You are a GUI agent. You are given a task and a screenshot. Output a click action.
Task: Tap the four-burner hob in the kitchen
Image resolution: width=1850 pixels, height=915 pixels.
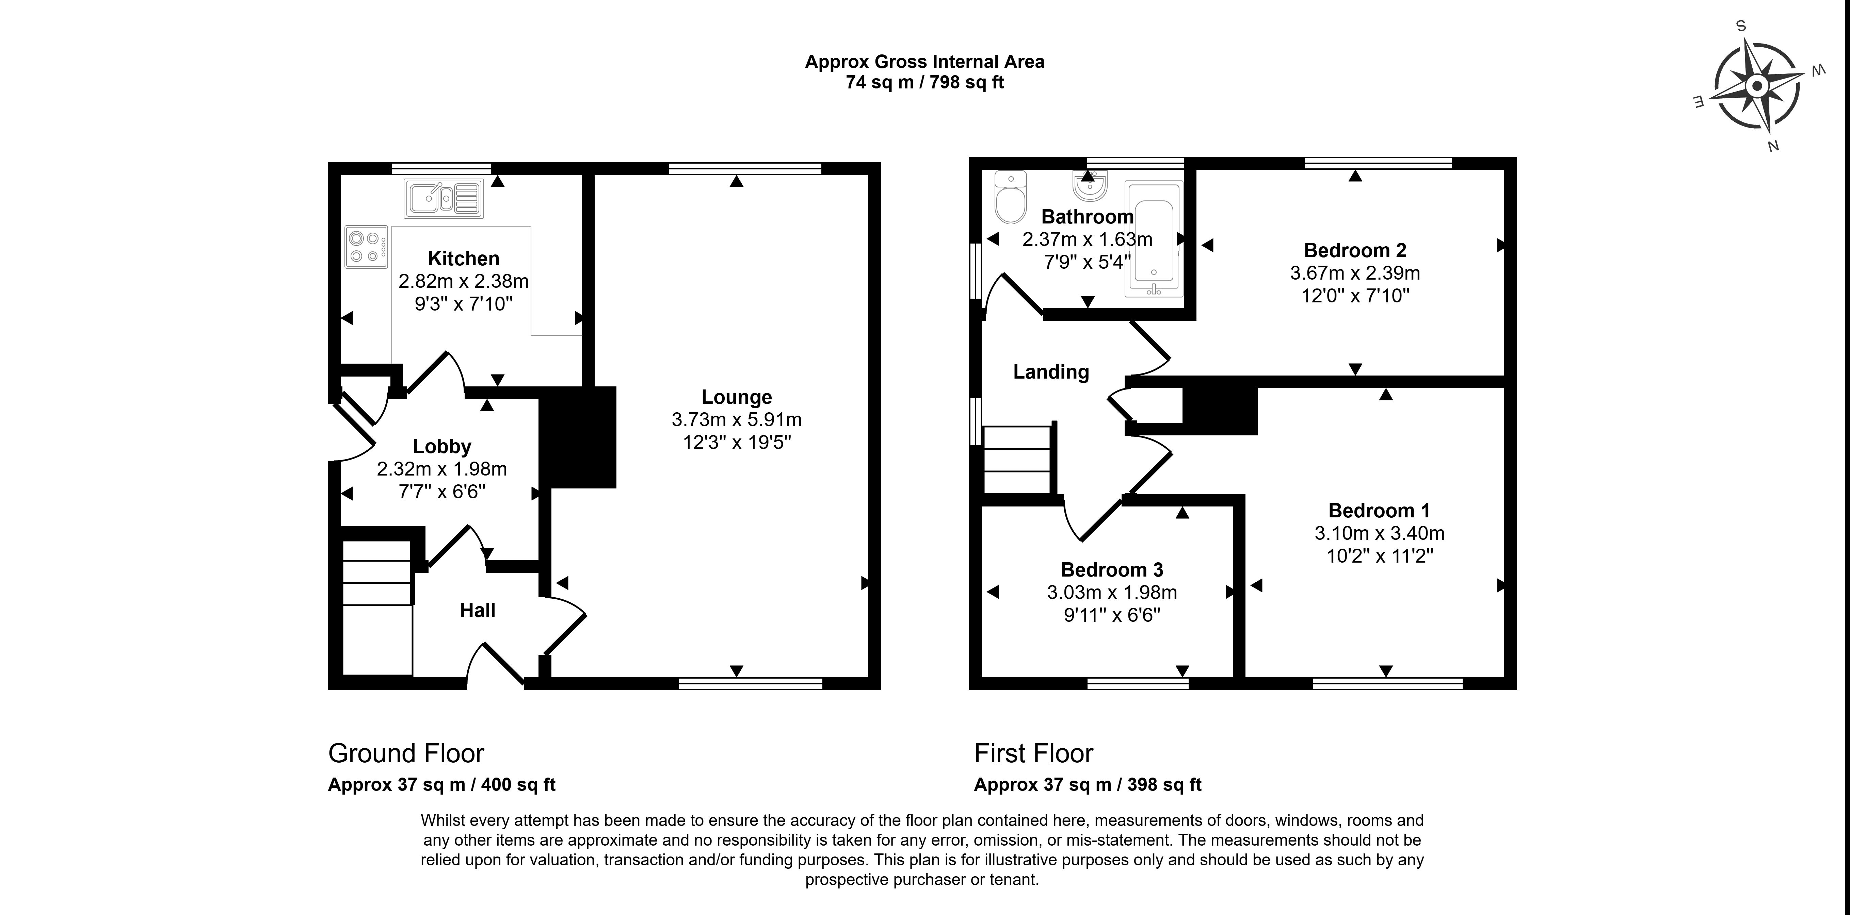pyautogui.click(x=366, y=247)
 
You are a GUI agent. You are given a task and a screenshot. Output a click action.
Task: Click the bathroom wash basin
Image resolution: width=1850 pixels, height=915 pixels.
pyautogui.click(x=1090, y=187)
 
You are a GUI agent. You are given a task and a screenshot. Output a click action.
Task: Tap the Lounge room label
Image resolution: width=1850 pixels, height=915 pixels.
pyautogui.click(x=736, y=397)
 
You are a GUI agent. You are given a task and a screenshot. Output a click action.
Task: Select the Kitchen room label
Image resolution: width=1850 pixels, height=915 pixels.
pyautogui.click(x=463, y=259)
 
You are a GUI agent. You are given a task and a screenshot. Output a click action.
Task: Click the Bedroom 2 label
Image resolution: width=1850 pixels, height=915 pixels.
pyautogui.click(x=1354, y=250)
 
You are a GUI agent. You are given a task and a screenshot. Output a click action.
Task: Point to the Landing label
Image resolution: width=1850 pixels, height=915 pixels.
pyautogui.click(x=1051, y=372)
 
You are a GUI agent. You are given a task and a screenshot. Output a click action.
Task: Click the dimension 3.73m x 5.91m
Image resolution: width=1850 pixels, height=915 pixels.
pyautogui.click(x=736, y=420)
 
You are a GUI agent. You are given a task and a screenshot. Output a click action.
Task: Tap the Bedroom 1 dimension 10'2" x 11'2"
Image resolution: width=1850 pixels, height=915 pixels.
pyautogui.click(x=1379, y=556)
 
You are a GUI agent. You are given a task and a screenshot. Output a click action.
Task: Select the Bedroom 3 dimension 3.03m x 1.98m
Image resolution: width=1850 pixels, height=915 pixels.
pyautogui.click(x=1112, y=593)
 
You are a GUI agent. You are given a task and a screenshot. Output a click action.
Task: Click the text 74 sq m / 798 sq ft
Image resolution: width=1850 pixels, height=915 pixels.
pyautogui.click(x=924, y=83)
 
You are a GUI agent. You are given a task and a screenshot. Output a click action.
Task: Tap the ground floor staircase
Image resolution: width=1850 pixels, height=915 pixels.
pyautogui.click(x=376, y=606)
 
